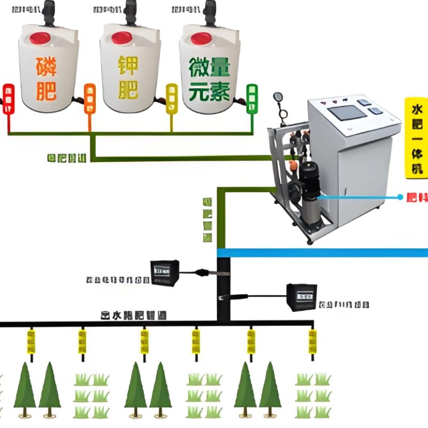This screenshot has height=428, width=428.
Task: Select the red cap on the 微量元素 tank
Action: coord(202,38)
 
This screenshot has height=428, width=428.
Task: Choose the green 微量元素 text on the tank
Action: coord(209,80)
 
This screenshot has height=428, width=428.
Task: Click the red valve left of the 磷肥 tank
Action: coord(8,98)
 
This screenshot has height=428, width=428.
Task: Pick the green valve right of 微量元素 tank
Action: coord(251,98)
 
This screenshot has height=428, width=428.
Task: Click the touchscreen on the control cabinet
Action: coord(347,113)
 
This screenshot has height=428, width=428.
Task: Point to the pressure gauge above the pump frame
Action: coord(278,97)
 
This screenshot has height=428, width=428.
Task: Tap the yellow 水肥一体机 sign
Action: coord(416,137)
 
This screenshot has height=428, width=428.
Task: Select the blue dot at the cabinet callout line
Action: coord(400,197)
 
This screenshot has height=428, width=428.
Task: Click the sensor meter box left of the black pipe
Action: coord(164,272)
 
